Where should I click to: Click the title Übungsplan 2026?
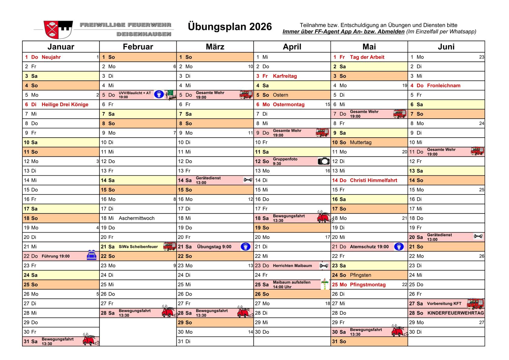(x=230, y=27)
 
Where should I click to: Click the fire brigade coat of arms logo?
(x=58, y=29)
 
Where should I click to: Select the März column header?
(x=215, y=47)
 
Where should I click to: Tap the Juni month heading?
(x=446, y=47)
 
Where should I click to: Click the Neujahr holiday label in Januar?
(x=51, y=57)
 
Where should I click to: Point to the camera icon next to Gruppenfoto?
(x=323, y=161)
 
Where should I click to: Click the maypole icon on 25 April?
(x=325, y=284)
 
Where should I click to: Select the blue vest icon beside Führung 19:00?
(x=91, y=256)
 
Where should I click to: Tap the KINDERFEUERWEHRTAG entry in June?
(x=455, y=313)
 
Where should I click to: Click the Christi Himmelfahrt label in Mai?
(x=373, y=180)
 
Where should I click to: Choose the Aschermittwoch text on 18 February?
(x=136, y=218)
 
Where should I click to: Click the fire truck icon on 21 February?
(x=169, y=246)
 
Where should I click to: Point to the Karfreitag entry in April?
(x=285, y=76)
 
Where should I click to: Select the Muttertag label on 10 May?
(x=361, y=142)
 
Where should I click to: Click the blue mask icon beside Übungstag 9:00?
(x=245, y=247)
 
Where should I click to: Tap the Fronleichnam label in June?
(x=443, y=86)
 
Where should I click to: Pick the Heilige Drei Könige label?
(x=65, y=104)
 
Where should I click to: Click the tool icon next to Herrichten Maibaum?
(x=324, y=266)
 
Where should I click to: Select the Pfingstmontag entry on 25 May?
(x=367, y=285)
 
